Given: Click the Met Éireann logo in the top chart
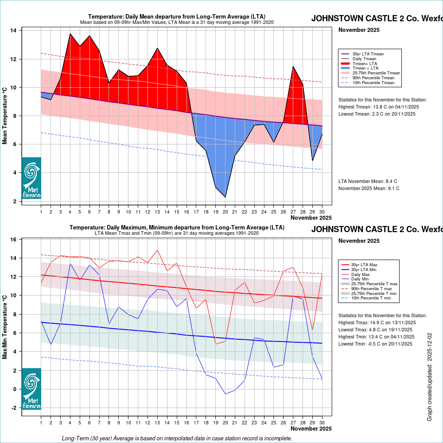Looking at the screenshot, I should pos(31,178).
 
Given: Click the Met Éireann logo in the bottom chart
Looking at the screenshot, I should pos(31,389).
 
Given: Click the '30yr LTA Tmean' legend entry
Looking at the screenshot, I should pos(368,54).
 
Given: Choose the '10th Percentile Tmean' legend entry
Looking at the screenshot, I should pos(373,82).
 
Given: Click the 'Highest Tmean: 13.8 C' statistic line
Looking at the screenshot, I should pos(378,107).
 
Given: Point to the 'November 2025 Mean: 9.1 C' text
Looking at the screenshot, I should pos(369,188).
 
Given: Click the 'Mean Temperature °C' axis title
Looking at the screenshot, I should pos(5,115).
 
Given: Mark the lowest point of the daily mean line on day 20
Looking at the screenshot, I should pos(225,197).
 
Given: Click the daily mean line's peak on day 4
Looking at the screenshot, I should pos(70,34).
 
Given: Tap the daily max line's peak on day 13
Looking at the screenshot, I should pos(157,250).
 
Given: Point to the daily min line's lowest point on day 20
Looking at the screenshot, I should pos(225,394).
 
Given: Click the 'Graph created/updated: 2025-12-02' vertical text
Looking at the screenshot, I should pos(429,377).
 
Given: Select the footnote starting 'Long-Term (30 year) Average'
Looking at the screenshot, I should pos(177,438).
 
